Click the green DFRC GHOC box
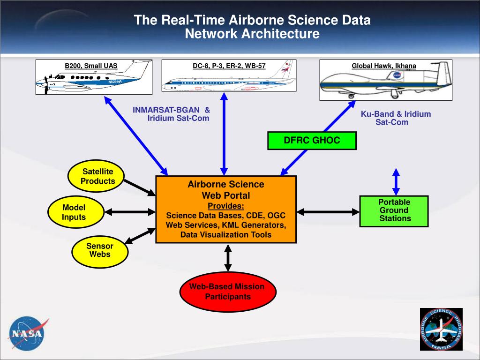pos(312,141)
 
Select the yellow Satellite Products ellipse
pos(97,177)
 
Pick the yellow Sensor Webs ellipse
pos(99,250)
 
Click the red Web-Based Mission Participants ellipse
pos(227,292)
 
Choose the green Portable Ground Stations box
pos(394,211)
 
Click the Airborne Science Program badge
pos(441,330)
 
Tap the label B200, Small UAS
pos(91,66)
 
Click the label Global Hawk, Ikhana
pos(384,66)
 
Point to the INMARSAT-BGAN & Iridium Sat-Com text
pos(171,114)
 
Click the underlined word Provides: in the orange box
pos(225,206)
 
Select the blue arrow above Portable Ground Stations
pos(396,181)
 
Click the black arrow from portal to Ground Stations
pos(328,212)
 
